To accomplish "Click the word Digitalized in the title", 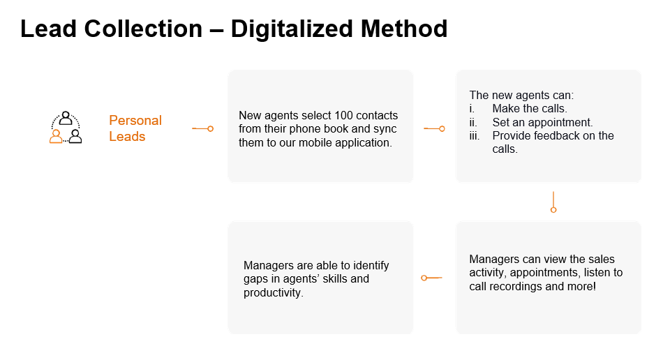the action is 292,29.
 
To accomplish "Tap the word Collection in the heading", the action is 143,29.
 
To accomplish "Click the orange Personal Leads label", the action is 135,128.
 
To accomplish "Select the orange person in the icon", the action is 56,136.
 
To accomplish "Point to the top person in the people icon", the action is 66,117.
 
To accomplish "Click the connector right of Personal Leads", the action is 202,128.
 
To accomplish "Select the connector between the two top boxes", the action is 434,128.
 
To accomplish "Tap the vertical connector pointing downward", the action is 553,202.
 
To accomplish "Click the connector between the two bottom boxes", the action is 431,278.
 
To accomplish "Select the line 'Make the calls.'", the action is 530,108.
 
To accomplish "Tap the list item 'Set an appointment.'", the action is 542,123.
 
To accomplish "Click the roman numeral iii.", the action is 475,136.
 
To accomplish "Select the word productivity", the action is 273,292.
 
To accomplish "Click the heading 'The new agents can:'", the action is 521,95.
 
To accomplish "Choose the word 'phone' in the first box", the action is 305,129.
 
